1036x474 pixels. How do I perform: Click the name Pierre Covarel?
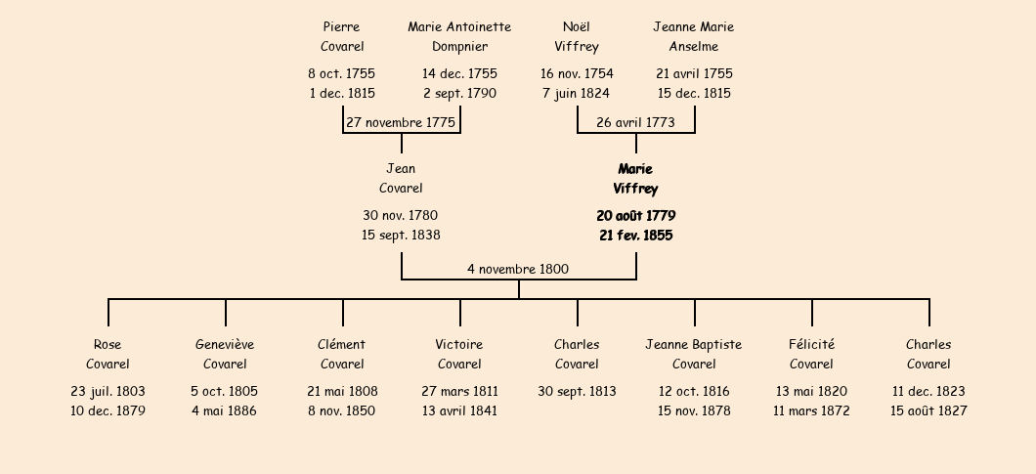342,36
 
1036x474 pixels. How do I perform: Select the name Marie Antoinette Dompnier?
459,36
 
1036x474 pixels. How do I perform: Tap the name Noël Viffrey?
576,36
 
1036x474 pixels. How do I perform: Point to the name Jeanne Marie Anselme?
694,36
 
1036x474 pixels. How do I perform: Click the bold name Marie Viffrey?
635,179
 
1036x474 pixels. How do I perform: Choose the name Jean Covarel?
401,179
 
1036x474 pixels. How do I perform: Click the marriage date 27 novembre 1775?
401,122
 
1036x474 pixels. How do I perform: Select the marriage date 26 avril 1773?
635,122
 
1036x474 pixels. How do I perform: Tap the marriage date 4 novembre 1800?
518,269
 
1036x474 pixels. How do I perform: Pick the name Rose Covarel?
108,355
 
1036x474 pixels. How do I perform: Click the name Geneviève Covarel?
225,355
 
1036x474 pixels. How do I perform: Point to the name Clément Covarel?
342,355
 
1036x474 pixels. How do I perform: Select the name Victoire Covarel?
459,355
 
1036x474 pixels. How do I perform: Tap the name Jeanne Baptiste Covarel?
694,355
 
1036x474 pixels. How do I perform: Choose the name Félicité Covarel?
811,355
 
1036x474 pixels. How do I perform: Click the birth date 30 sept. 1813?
577,391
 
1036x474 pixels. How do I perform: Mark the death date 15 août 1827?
928,410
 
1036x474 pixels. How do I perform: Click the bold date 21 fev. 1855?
635,236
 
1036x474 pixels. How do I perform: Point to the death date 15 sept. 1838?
401,235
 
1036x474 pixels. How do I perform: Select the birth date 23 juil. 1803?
108,391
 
